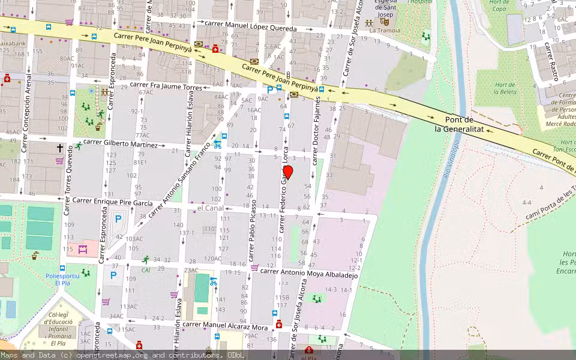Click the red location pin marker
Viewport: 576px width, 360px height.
click(x=288, y=172)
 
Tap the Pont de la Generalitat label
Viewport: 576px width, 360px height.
click(x=454, y=124)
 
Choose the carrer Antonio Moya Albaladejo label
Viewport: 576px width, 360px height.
click(x=310, y=273)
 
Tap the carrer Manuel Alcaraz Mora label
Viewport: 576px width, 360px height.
click(x=226, y=326)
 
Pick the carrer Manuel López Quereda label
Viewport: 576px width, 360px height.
click(x=251, y=28)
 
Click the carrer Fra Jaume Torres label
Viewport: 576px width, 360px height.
click(x=167, y=87)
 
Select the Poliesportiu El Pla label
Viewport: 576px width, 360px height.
click(x=62, y=279)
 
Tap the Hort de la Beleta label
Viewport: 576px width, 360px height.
click(x=505, y=89)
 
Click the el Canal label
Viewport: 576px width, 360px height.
click(x=210, y=208)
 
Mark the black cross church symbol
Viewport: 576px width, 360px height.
click(x=60, y=147)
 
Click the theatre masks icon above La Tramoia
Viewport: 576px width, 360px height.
click(x=384, y=21)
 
